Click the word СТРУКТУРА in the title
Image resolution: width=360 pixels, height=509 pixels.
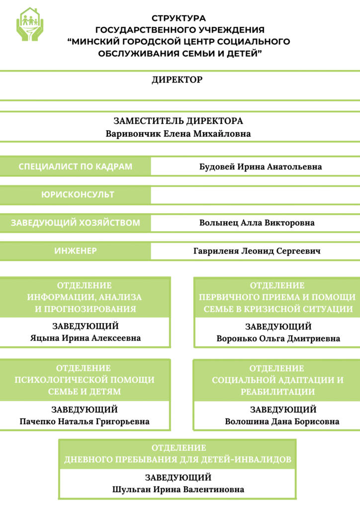[x=179, y=18]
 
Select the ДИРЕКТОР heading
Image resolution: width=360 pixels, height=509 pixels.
[x=178, y=80]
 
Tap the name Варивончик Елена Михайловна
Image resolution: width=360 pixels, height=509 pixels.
[x=179, y=134]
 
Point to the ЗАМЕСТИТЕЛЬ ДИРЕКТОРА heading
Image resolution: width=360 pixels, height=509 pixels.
[x=179, y=121]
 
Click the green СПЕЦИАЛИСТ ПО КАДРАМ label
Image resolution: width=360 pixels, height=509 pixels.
[x=76, y=167]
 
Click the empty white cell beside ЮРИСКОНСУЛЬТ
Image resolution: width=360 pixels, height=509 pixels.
[x=255, y=195]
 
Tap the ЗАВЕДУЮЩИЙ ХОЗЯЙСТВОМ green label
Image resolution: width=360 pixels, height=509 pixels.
[x=76, y=223]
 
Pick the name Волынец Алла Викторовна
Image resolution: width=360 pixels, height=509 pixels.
[x=257, y=223]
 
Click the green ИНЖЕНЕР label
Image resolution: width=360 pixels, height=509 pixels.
[x=76, y=251]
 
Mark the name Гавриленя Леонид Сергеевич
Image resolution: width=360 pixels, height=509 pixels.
[x=257, y=252]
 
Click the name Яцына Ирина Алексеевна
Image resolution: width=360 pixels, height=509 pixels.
[x=85, y=338]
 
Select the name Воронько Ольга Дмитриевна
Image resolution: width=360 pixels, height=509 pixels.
[x=278, y=339]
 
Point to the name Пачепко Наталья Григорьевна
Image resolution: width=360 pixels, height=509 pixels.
[x=85, y=422]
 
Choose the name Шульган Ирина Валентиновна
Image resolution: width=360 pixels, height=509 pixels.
[x=179, y=490]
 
